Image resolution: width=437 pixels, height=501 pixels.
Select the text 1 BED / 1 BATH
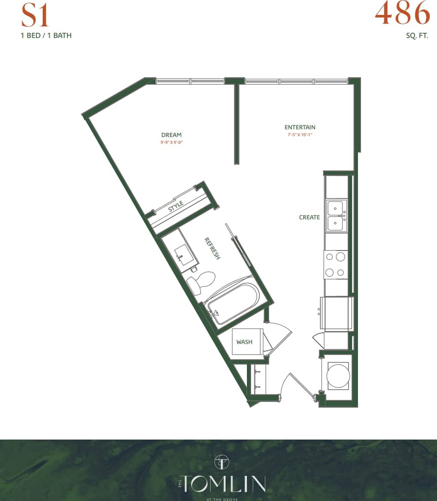(x=46, y=35)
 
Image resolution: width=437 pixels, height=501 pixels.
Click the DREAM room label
(x=171, y=135)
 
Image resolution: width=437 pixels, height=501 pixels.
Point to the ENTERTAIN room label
(x=300, y=127)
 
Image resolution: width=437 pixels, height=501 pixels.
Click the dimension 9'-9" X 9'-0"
(x=171, y=143)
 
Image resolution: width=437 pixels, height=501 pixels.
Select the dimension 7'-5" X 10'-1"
(x=300, y=135)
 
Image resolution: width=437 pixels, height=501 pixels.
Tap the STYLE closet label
(x=176, y=206)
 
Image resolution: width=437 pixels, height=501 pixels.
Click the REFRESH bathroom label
(x=212, y=248)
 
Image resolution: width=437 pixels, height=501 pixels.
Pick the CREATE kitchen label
(x=309, y=217)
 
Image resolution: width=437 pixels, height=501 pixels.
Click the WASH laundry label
(x=244, y=342)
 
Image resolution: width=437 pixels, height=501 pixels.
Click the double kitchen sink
(x=337, y=216)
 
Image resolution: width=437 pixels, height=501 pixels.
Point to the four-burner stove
(x=336, y=265)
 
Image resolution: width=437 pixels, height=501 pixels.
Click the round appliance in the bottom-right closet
(x=338, y=376)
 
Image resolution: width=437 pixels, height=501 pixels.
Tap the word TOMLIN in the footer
(x=222, y=484)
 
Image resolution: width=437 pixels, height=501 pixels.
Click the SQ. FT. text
(x=416, y=35)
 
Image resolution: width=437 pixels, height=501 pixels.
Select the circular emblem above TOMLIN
(x=222, y=461)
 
